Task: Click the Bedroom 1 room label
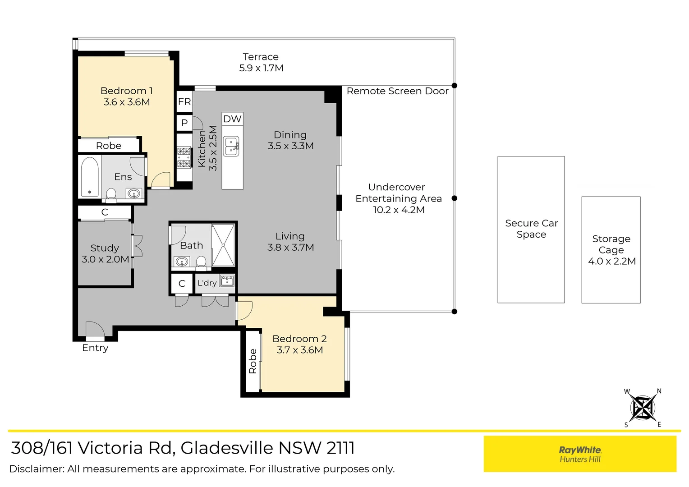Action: [x=126, y=91]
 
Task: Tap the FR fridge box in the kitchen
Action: [x=184, y=101]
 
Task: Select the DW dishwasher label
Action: [x=232, y=119]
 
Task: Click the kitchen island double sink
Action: [x=231, y=146]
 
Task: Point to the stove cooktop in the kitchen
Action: [x=184, y=157]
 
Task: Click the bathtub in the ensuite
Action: [x=90, y=176]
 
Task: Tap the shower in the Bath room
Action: [x=223, y=245]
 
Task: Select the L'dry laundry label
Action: [x=207, y=283]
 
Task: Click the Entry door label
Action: [x=95, y=348]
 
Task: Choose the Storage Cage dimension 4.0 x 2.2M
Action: [x=611, y=261]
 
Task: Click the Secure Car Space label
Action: [x=531, y=229]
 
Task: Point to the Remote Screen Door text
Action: [x=397, y=91]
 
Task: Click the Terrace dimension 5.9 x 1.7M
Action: [x=261, y=68]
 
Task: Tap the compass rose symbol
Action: [x=643, y=408]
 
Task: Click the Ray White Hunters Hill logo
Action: [x=580, y=454]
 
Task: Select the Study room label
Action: [x=105, y=248]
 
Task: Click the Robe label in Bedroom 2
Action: [x=253, y=361]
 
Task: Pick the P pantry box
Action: [x=184, y=123]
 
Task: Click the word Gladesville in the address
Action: [x=227, y=448]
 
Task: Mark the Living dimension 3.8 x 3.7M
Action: [x=290, y=248]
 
